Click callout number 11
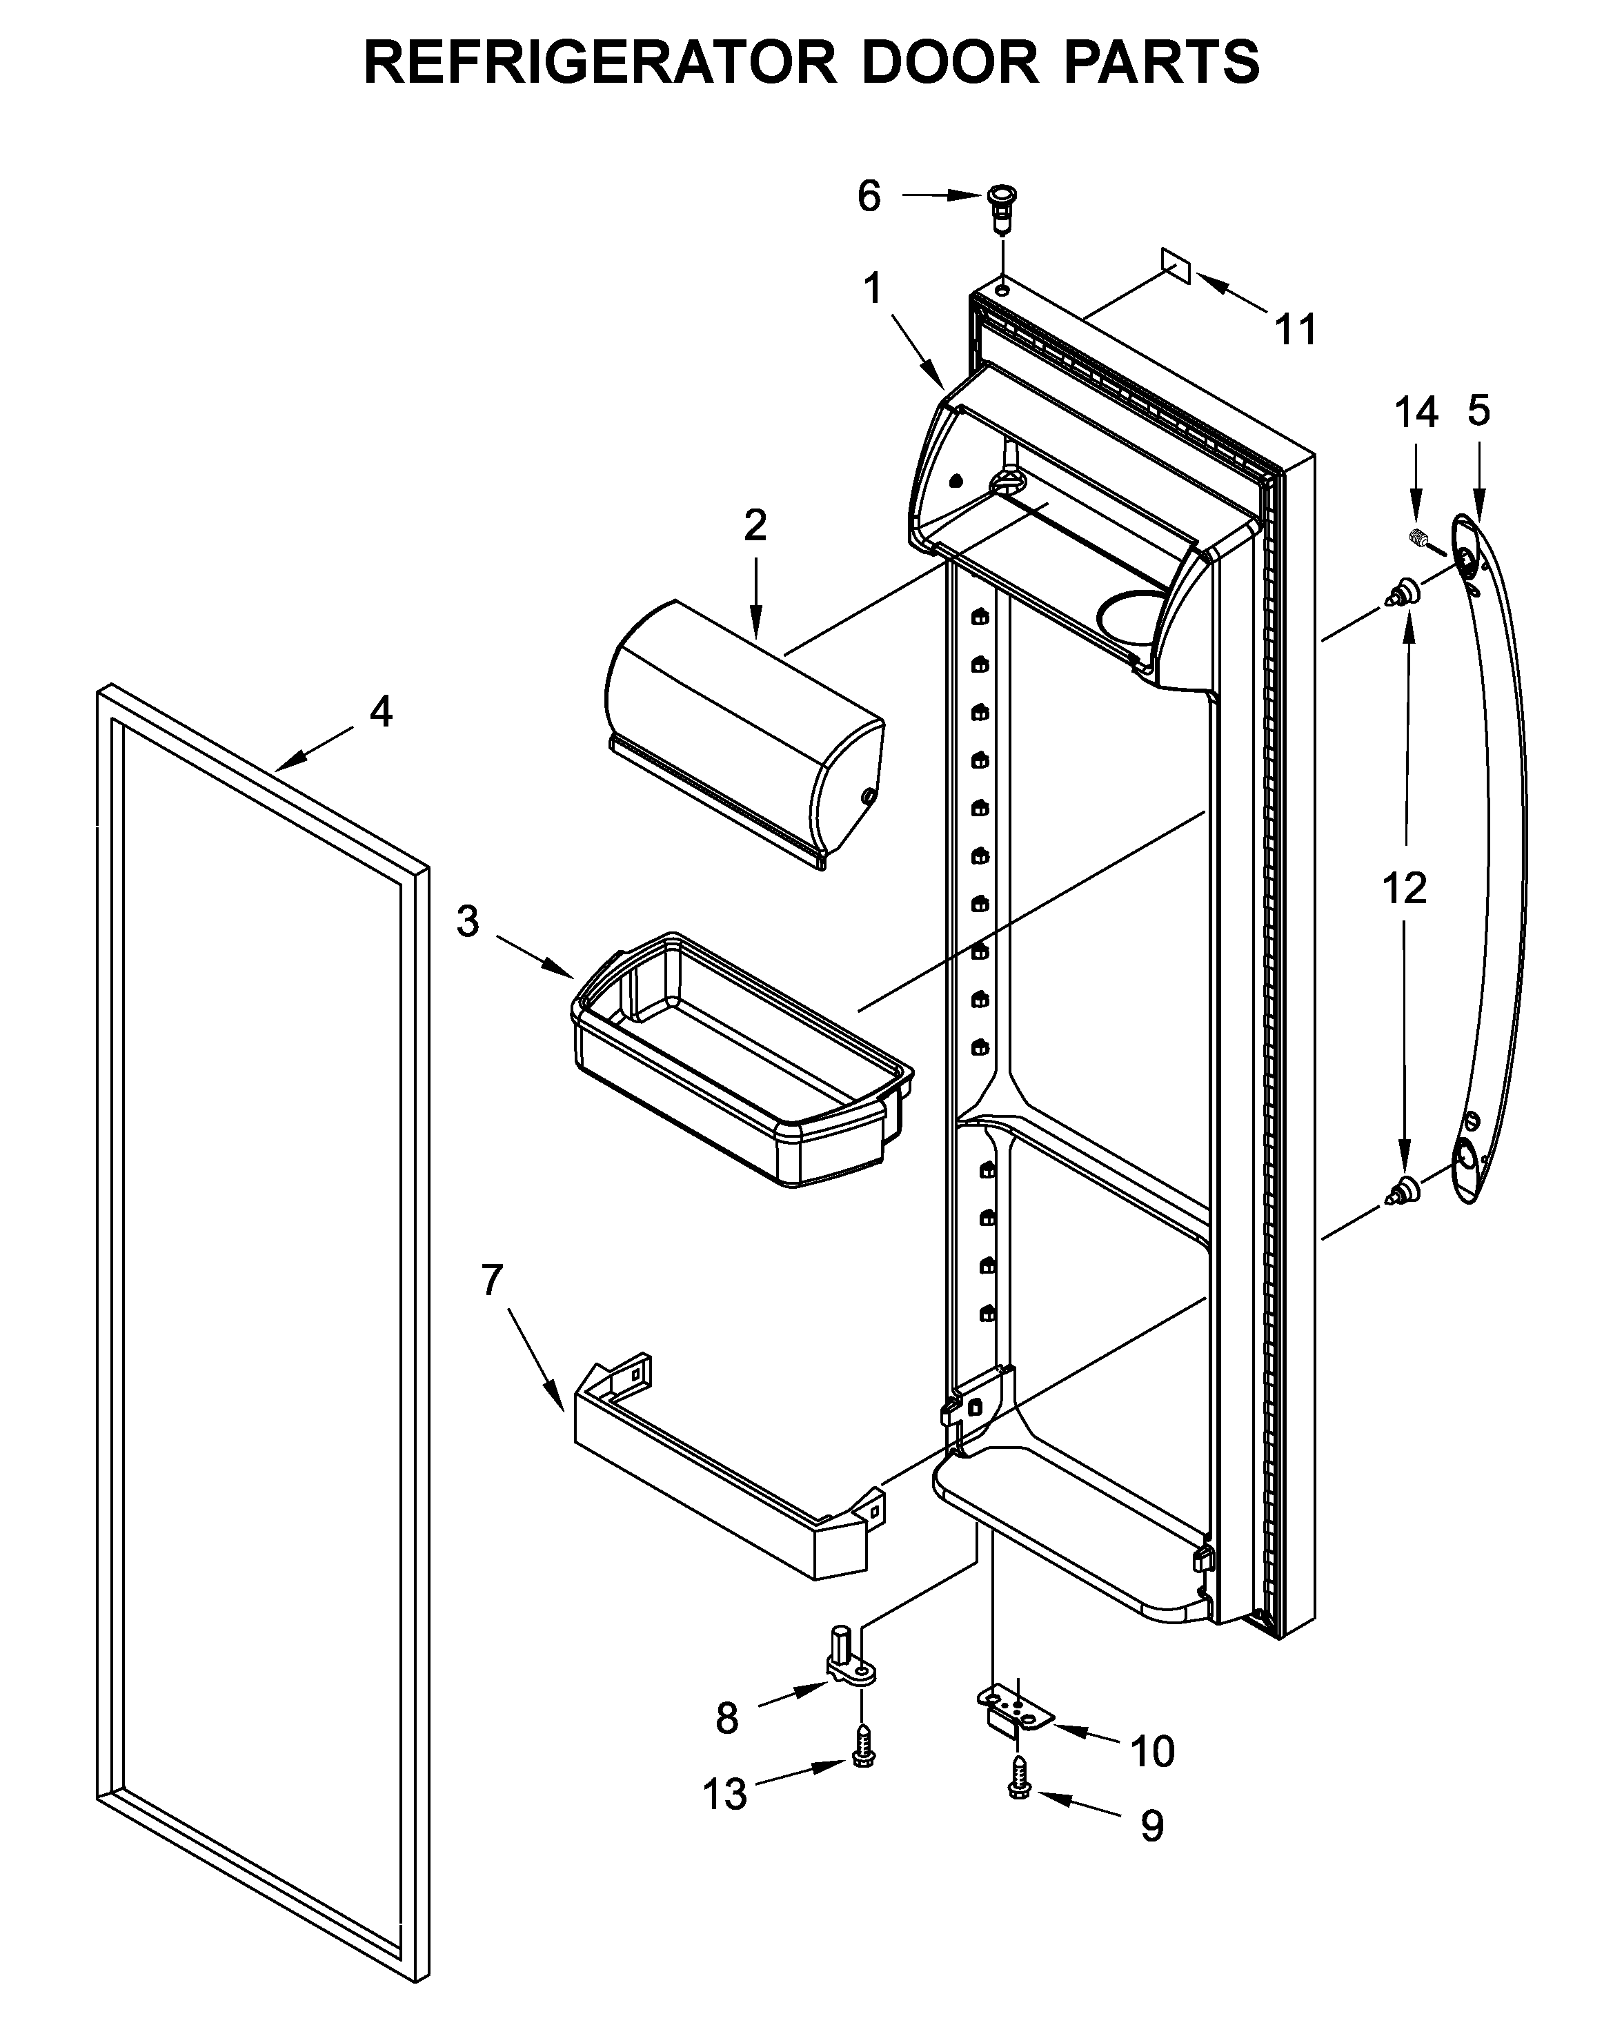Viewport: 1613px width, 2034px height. point(1295,330)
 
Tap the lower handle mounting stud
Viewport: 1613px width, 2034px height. point(1403,1192)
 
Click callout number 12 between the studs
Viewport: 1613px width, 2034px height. point(1403,888)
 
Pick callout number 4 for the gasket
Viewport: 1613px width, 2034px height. point(380,711)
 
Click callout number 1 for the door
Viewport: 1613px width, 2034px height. point(873,288)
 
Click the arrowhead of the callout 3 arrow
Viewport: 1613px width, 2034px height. point(568,974)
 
